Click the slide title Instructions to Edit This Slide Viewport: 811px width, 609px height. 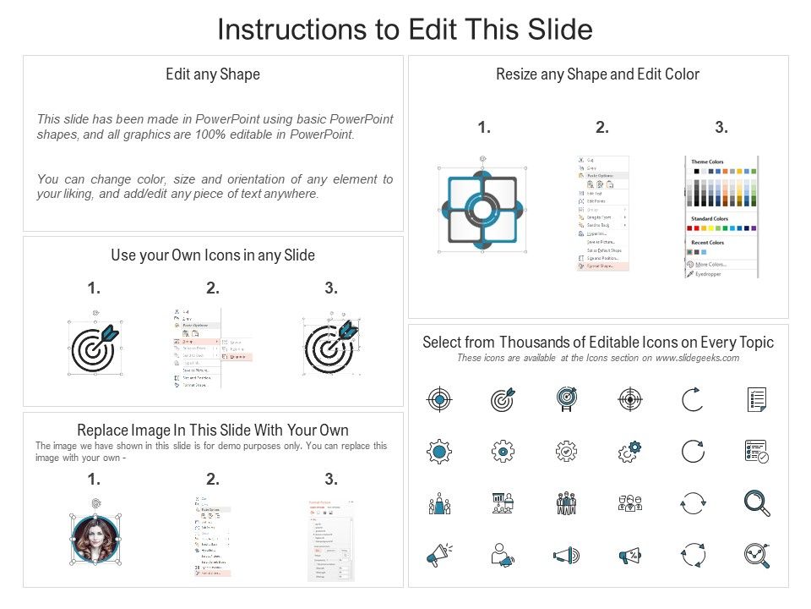point(405,29)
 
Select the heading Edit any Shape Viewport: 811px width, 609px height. point(213,74)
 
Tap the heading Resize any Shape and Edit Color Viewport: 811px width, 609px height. point(597,74)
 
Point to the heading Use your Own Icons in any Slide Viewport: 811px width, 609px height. point(213,255)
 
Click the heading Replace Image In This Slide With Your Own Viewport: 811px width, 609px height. point(213,430)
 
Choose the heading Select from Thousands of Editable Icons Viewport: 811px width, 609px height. point(597,343)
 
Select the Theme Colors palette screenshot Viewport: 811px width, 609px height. point(721,216)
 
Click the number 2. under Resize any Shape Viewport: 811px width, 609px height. point(601,128)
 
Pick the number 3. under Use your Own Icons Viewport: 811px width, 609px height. point(331,288)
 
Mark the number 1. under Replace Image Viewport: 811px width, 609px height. point(94,480)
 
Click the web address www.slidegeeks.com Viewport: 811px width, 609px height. point(698,358)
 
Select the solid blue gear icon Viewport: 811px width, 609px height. point(439,452)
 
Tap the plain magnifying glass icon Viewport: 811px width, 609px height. point(756,503)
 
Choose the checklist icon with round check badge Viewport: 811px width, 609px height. point(756,452)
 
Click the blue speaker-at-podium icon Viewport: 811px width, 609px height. point(439,503)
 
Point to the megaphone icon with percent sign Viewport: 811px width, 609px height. point(629,556)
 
